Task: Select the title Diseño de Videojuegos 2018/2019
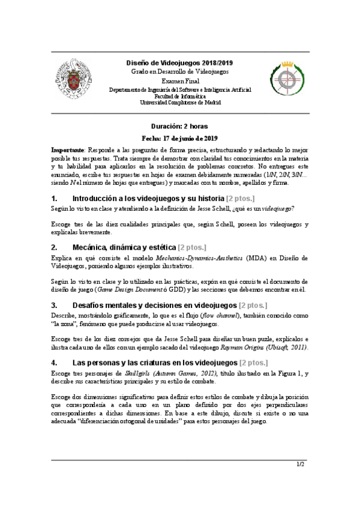click(180, 62)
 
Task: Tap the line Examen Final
click(180, 80)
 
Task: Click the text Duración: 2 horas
click(180, 127)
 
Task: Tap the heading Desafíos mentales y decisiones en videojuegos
click(154, 305)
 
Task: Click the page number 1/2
click(301, 464)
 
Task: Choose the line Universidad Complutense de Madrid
click(180, 102)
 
